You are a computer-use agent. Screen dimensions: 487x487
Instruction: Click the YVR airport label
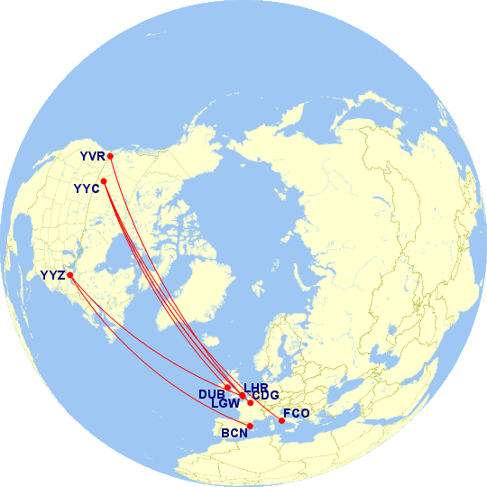[93, 157]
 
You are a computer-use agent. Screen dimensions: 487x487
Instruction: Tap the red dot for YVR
[110, 156]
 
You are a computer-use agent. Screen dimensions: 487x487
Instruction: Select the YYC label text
[87, 188]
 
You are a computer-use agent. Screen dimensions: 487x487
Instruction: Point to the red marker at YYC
[104, 181]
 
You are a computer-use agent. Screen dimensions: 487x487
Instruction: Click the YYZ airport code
[53, 275]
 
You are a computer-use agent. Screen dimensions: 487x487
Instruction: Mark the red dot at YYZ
[70, 275]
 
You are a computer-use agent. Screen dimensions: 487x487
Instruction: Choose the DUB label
[211, 394]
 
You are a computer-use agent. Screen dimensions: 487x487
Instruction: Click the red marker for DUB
[228, 387]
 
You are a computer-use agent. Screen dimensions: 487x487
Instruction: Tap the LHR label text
[256, 387]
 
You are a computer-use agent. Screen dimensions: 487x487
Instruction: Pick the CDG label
[265, 395]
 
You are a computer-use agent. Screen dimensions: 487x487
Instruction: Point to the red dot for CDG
[251, 402]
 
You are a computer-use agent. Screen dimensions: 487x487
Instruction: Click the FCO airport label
[296, 414]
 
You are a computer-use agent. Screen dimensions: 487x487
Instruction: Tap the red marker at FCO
[281, 421]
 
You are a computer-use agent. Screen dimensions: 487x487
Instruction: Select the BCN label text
[235, 433]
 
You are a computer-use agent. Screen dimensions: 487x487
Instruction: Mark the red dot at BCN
[250, 426]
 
